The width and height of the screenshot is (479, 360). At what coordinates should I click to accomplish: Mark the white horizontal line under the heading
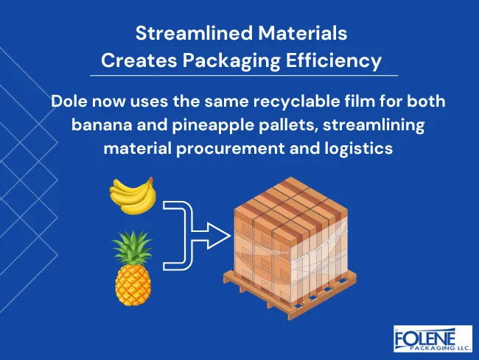(x=243, y=75)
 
